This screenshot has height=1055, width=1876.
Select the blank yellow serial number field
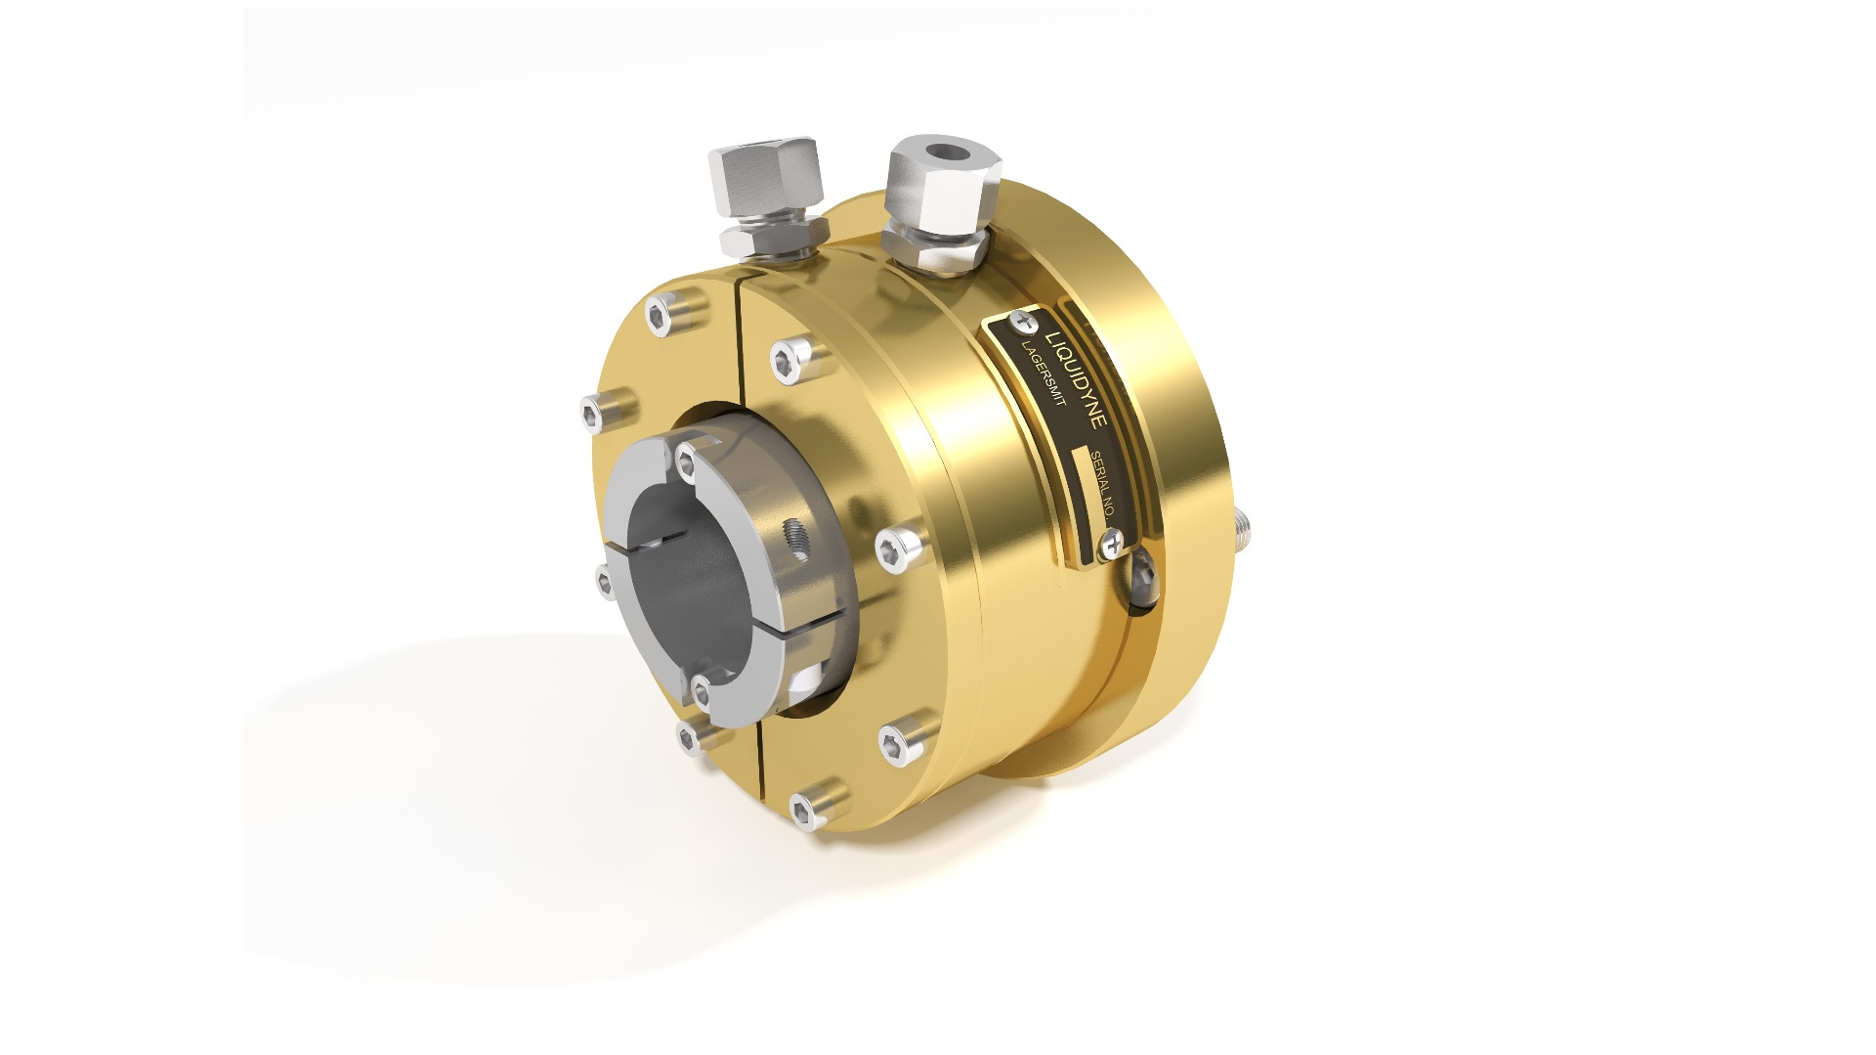(x=1084, y=472)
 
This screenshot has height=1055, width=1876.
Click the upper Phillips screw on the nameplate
(x=1024, y=320)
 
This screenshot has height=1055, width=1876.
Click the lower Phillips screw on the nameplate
(x=1112, y=542)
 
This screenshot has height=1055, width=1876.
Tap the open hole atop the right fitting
(x=946, y=154)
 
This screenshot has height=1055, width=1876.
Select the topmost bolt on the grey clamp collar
(x=690, y=460)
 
